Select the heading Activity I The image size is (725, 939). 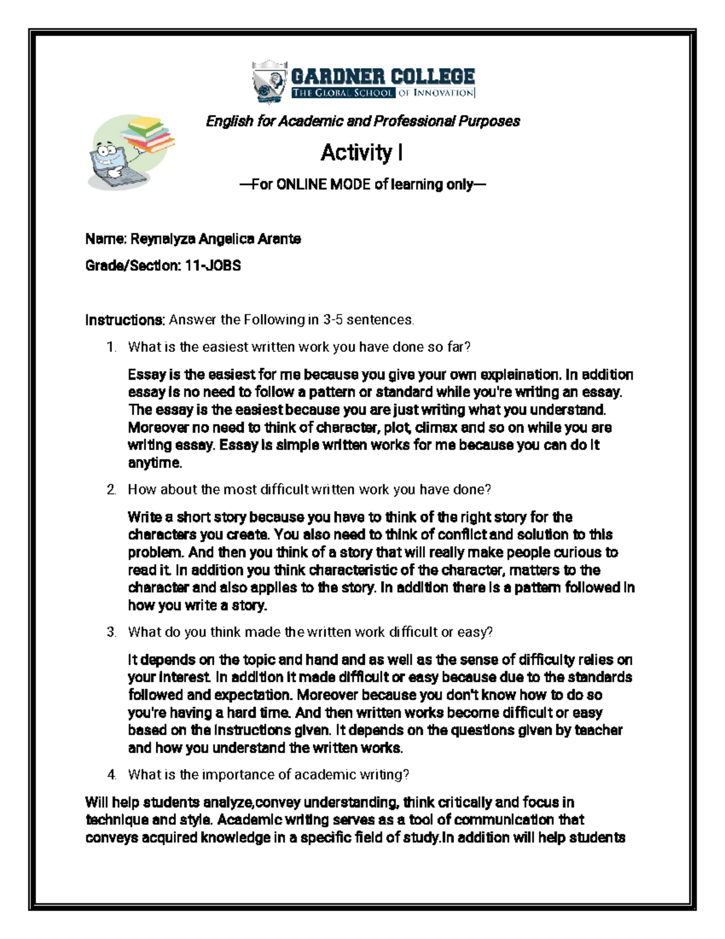[362, 152]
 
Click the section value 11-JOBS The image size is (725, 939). [213, 265]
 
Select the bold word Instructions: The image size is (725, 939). [125, 319]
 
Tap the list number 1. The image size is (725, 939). [111, 347]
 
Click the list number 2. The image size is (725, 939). [111, 490]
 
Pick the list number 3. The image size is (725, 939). [111, 632]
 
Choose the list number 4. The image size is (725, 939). [111, 775]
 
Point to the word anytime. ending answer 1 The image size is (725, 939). [155, 463]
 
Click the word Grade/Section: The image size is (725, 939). [132, 265]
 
